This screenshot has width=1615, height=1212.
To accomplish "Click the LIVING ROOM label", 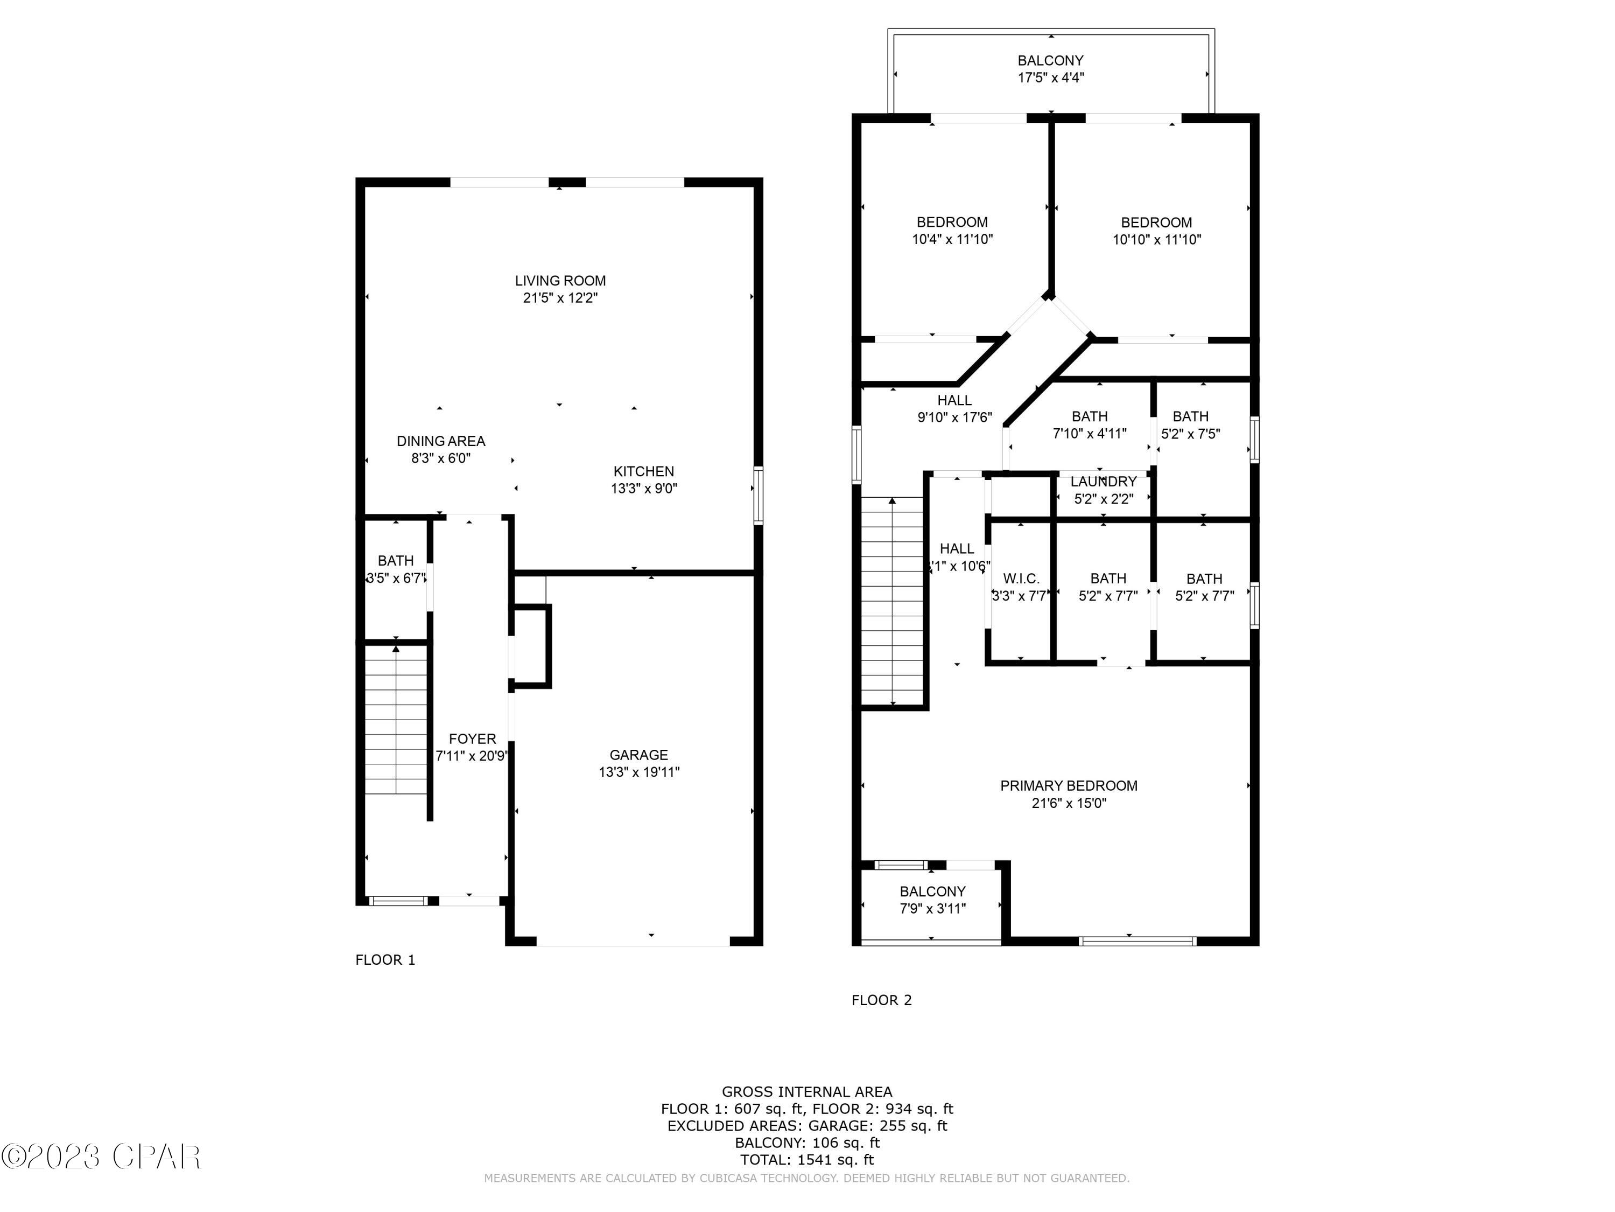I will coord(560,281).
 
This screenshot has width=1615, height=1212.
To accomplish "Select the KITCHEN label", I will coord(643,471).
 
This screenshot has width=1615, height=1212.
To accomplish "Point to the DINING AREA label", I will coord(440,441).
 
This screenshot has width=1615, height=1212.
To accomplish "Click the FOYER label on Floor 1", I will coord(472,739).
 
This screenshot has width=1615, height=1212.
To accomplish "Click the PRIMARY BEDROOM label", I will coord(1068,785).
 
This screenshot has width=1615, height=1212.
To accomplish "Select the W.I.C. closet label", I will coord(1021,579).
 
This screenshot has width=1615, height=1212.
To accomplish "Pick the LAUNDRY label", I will coord(1103,482).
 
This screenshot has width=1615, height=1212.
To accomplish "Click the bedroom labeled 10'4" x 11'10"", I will coord(952,230).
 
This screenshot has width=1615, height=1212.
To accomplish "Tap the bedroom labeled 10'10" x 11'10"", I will coord(1156,230).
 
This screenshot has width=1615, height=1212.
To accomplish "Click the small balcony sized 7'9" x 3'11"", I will coord(932,900).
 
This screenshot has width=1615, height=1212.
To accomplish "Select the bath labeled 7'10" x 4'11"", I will coord(1090,424).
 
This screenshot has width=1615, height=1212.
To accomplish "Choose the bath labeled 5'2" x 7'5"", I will coord(1190,424).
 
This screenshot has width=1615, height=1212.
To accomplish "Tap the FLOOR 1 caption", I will coord(385,960).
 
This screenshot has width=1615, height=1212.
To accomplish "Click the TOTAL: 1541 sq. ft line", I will coord(807,1159).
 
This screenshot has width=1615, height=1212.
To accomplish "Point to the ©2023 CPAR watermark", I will coord(101,1157).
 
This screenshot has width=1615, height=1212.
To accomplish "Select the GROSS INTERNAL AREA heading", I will coord(807,1091).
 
